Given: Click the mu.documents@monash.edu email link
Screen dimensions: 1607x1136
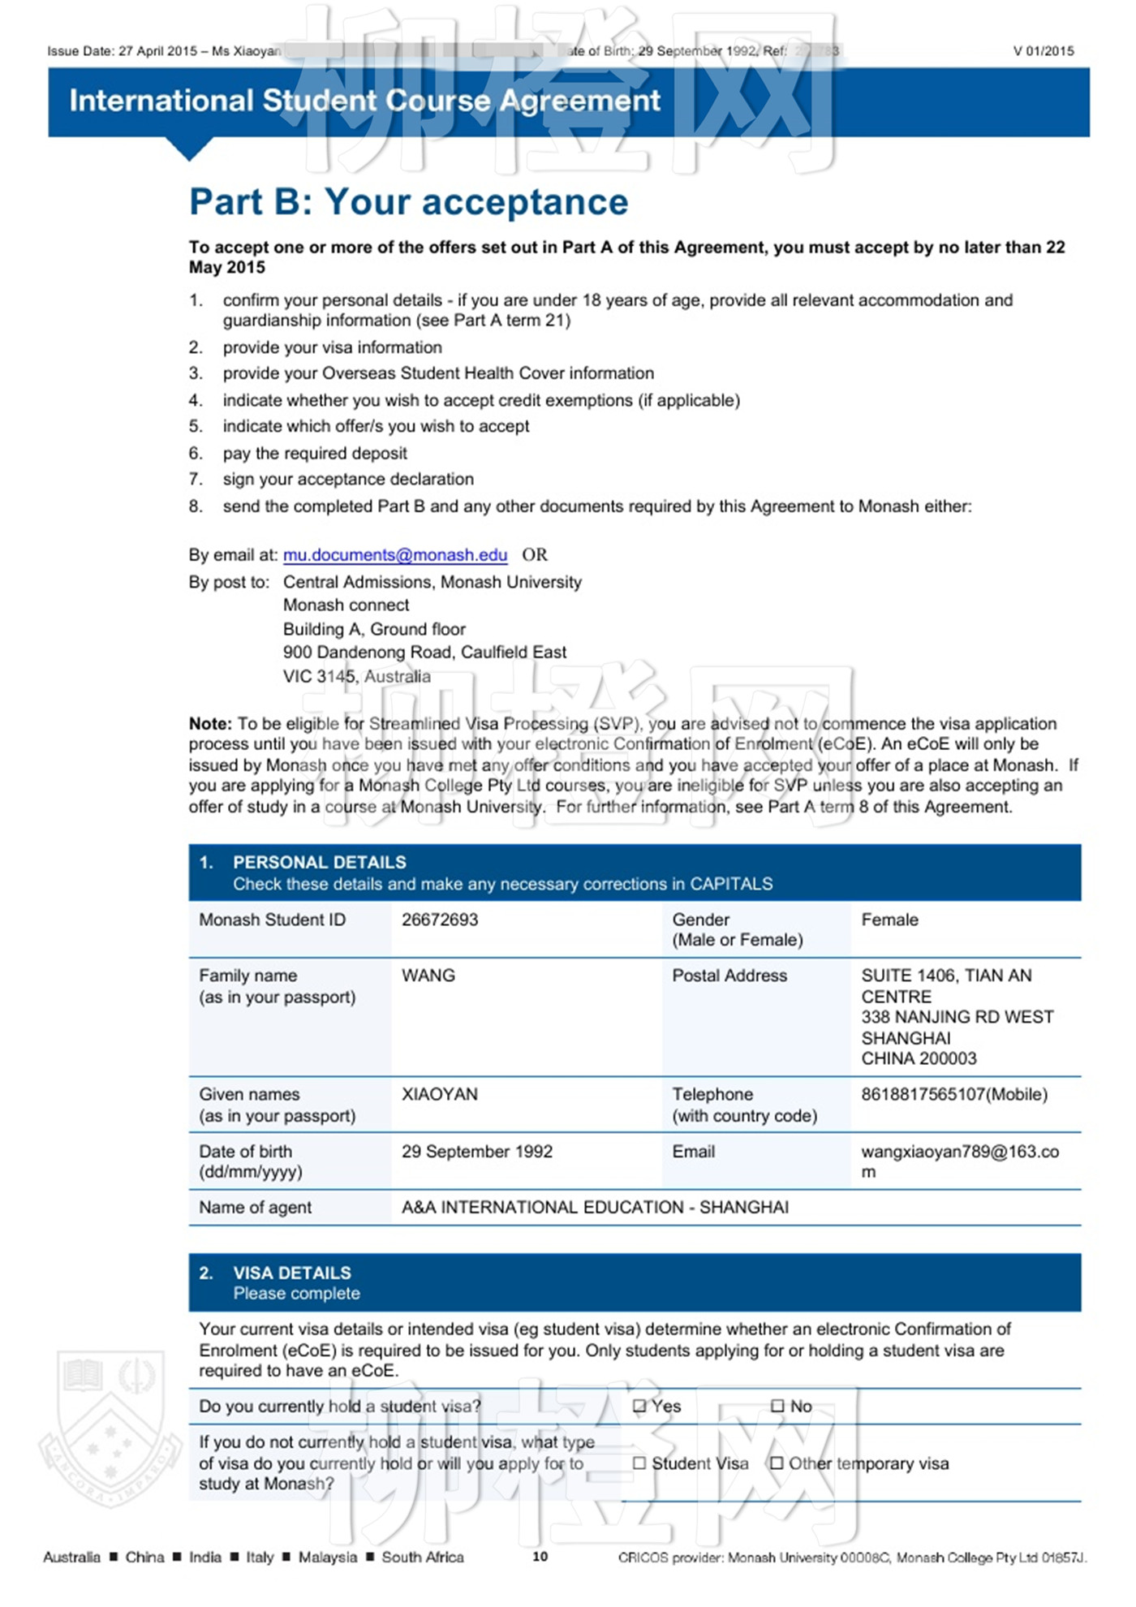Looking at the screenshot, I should click(x=395, y=555).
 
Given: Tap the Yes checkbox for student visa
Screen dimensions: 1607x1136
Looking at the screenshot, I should click(x=639, y=1406).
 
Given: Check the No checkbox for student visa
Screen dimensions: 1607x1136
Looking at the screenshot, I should click(x=777, y=1406).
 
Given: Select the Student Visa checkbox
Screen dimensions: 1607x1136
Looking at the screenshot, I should click(x=639, y=1463).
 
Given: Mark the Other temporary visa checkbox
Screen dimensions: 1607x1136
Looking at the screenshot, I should click(x=777, y=1463).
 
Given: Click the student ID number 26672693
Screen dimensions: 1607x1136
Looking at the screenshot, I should click(x=440, y=920).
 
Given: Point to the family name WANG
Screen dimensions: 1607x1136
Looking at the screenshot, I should click(x=428, y=976).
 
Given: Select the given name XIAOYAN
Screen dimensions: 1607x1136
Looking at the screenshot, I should click(x=440, y=1094).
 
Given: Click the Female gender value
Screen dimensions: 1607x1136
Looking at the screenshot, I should click(x=889, y=920).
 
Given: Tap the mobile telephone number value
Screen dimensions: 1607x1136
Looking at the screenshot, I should click(x=954, y=1094).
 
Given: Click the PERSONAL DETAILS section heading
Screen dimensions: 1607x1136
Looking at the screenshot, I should click(x=320, y=862).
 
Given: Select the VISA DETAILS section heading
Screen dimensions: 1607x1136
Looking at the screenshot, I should click(x=292, y=1273).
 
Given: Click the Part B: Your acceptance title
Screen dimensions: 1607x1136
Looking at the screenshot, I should click(x=409, y=202).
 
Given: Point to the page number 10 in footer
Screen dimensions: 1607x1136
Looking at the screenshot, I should click(x=540, y=1556).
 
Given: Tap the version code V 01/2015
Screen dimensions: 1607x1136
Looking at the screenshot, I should click(x=1043, y=51).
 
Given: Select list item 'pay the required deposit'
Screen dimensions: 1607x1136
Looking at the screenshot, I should click(x=315, y=453).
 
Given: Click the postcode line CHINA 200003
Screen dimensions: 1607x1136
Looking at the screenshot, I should click(x=919, y=1058).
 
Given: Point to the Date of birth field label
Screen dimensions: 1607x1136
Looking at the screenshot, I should click(x=246, y=1151).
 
